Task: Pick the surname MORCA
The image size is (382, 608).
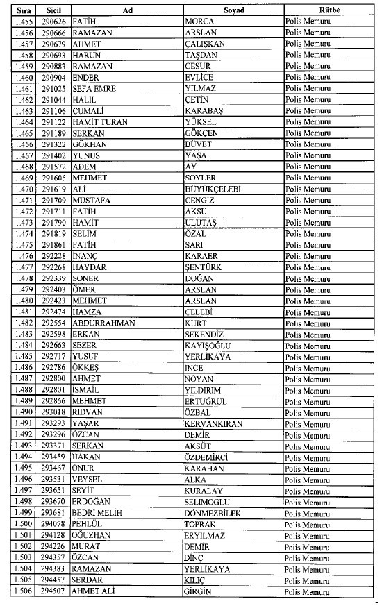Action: point(200,22)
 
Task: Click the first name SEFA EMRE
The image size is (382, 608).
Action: point(88,88)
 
